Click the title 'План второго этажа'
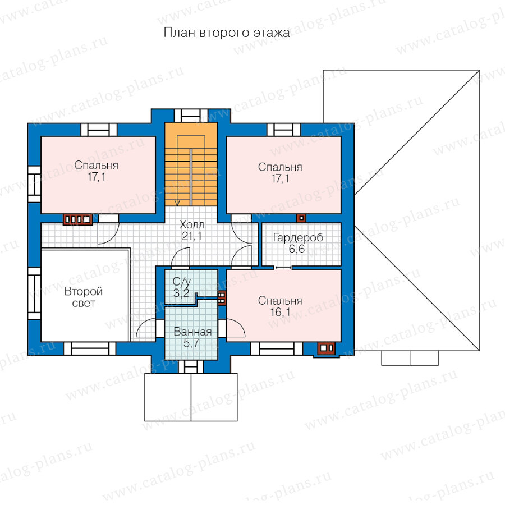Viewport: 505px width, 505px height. [227, 33]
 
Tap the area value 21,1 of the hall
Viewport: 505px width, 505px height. [192, 236]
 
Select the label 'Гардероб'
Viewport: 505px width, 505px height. [298, 238]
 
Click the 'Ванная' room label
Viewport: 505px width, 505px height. [192, 332]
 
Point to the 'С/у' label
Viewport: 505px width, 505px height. [182, 282]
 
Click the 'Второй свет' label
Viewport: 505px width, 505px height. [84, 297]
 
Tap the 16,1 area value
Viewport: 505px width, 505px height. [280, 312]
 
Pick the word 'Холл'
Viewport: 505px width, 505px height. [192, 224]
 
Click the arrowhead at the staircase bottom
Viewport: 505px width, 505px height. [177, 203]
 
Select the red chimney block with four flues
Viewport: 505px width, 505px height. [77, 219]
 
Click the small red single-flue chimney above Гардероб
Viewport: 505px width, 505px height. [301, 218]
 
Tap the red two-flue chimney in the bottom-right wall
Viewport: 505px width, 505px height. [326, 348]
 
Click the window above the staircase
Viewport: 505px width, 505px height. [191, 116]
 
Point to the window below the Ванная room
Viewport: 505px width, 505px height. [191, 367]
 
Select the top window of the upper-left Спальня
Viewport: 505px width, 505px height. [99, 130]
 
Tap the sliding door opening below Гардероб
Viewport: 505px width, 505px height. [283, 267]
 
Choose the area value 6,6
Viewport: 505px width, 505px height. [296, 249]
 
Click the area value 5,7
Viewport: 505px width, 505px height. [191, 343]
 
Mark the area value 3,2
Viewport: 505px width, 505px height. [181, 293]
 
